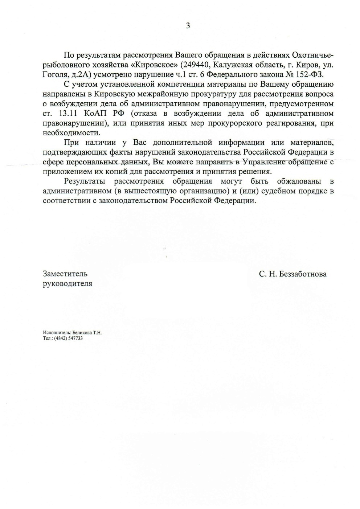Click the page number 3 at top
tap(188, 25)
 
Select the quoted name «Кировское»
tap(152, 65)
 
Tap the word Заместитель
tap(65, 274)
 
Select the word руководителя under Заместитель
tap(67, 284)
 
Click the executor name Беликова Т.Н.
tap(87, 332)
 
